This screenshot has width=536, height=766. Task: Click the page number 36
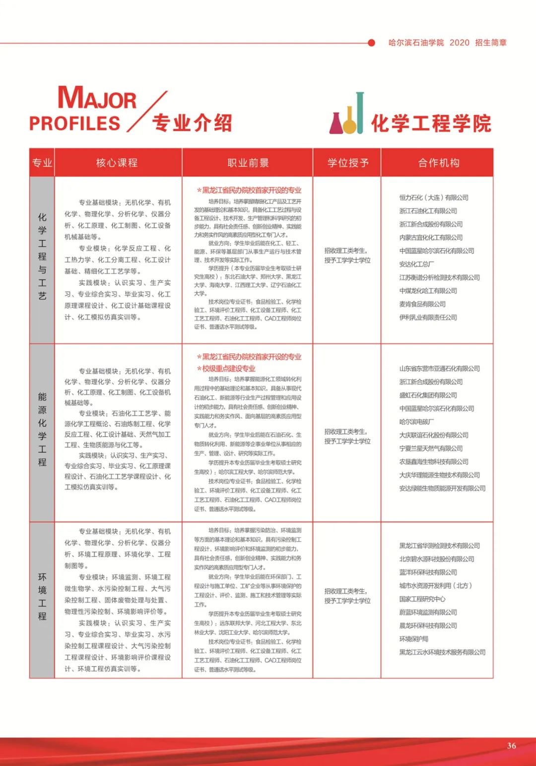point(511,745)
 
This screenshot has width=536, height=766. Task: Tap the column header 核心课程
point(117,163)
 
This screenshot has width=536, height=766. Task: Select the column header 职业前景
point(248,163)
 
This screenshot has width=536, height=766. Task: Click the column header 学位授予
point(348,163)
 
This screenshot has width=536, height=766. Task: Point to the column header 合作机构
point(439,163)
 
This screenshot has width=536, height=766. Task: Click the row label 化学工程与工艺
point(42,256)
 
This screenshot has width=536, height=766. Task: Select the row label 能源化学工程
point(42,429)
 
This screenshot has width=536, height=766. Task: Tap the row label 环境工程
point(42,596)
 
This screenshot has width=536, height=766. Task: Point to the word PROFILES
point(75,124)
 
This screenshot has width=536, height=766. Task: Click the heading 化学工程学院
point(431,123)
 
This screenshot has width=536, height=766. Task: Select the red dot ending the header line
point(371,43)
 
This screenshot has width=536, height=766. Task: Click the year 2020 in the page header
point(459,43)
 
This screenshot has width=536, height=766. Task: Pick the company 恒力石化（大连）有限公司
point(434,198)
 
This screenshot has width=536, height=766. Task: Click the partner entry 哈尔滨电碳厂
point(416,422)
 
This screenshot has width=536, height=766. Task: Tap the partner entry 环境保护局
point(413,639)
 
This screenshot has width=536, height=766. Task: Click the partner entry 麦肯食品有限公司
point(422,304)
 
